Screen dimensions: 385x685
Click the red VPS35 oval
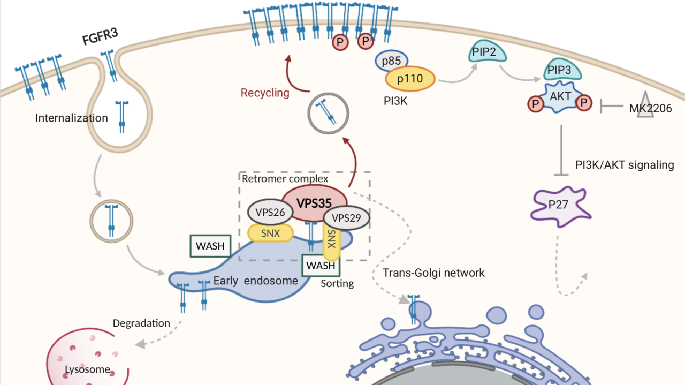(314, 203)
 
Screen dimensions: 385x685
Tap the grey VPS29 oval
(347, 218)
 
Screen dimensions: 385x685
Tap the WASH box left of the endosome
(210, 246)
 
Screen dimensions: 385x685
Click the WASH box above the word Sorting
(321, 265)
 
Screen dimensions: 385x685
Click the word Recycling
(264, 93)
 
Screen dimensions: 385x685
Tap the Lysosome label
(87, 369)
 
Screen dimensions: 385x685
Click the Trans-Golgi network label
(433, 273)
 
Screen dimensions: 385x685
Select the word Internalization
(71, 118)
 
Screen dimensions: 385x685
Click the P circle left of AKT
(534, 102)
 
